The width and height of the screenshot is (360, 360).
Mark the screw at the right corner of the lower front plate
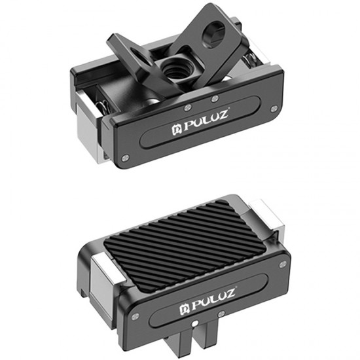tap(283, 264)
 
